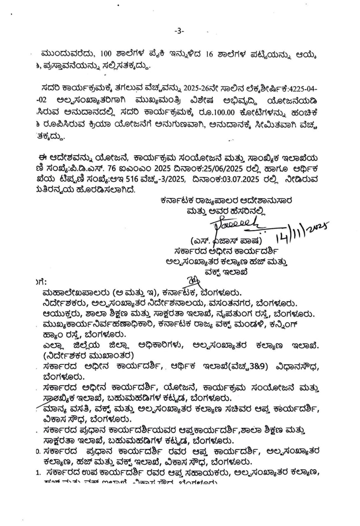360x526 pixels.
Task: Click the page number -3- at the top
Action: coord(180,31)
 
